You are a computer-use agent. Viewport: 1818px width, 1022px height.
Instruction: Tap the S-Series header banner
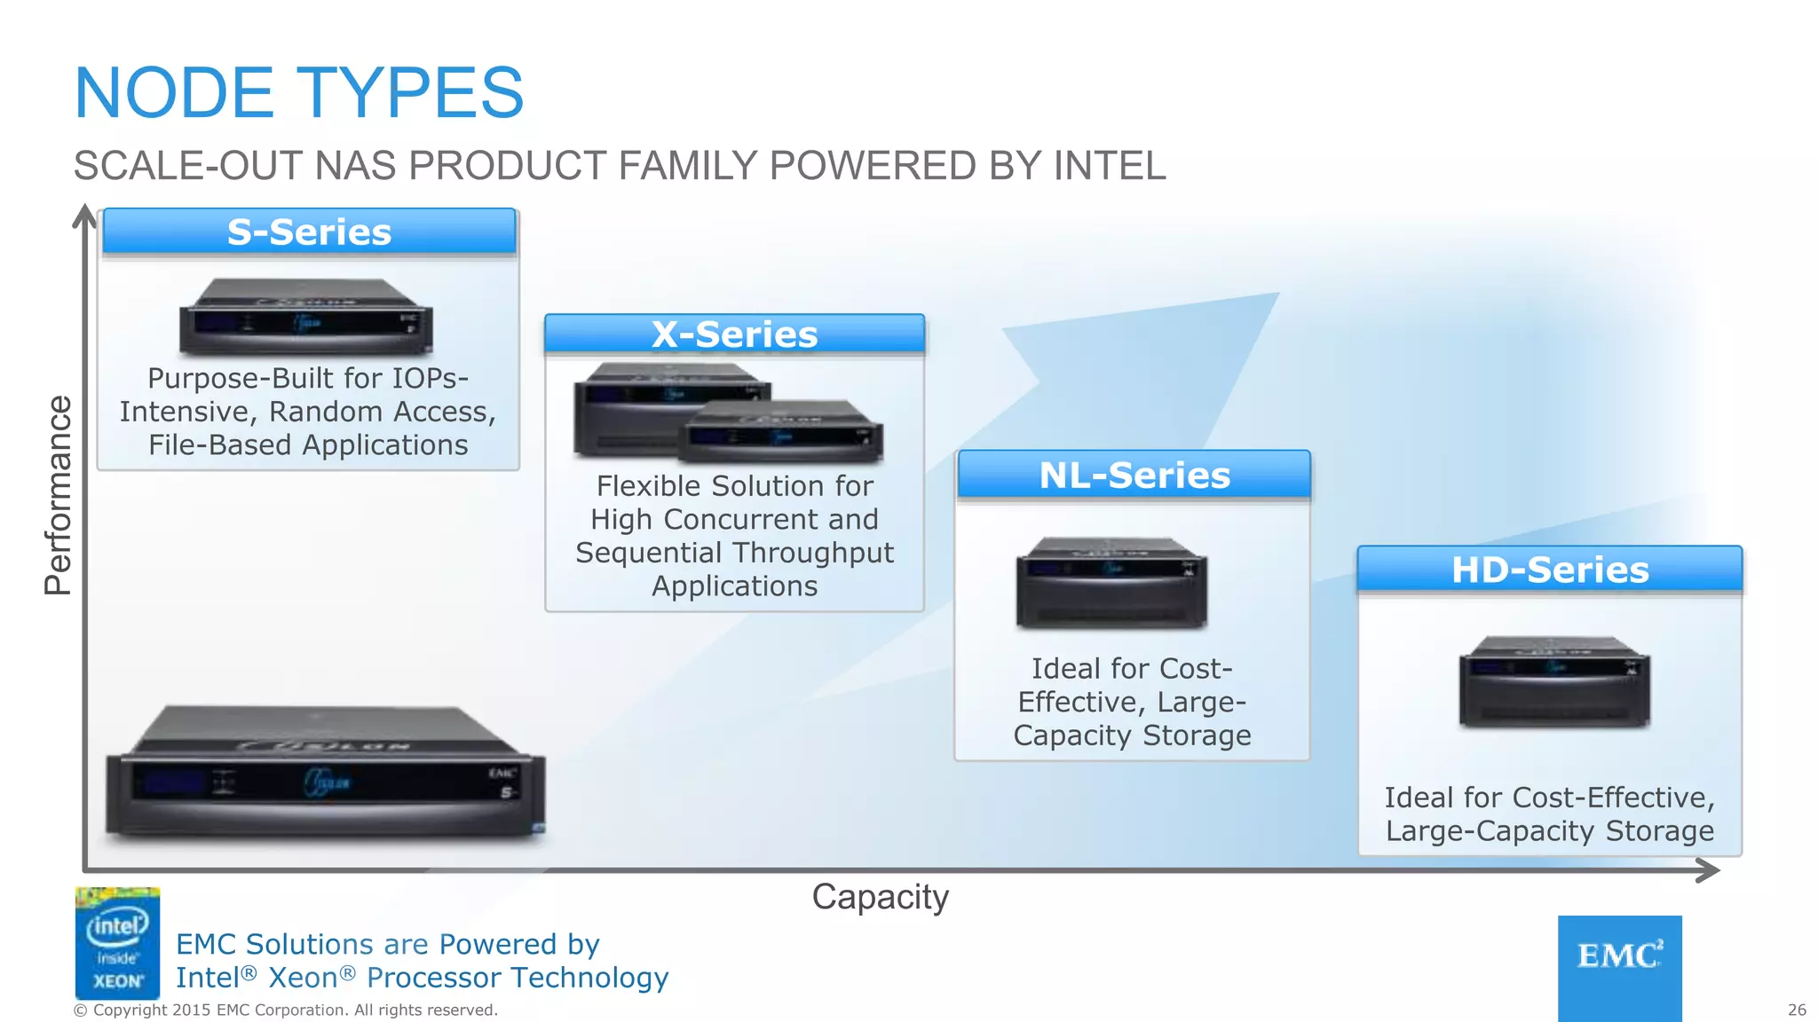coord(309,232)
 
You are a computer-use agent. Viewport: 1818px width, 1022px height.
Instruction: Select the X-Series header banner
coord(734,334)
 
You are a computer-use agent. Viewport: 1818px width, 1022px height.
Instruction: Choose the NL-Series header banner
coord(1134,476)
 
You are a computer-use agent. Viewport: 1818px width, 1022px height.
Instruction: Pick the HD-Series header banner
coord(1549,570)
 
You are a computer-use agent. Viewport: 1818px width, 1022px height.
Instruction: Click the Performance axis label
coord(59,495)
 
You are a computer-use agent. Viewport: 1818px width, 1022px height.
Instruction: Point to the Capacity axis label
coord(880,897)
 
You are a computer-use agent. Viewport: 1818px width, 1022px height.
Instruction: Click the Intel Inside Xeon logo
coord(117,943)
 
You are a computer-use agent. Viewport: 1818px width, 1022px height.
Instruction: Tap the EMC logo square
coord(1619,967)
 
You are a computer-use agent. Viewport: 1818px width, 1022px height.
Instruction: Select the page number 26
coord(1796,1010)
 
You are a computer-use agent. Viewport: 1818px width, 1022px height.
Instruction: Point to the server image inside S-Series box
coord(306,317)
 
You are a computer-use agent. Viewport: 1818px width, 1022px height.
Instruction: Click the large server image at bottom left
coord(325,772)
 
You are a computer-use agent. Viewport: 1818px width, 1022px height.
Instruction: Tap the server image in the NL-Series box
coord(1111,583)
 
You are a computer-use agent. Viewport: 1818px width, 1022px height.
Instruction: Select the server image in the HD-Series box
coord(1553,681)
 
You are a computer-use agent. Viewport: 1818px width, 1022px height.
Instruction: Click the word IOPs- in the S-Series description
coord(419,379)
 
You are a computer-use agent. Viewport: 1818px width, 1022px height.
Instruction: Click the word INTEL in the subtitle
coord(1109,166)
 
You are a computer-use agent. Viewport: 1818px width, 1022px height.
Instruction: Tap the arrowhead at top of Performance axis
coord(84,215)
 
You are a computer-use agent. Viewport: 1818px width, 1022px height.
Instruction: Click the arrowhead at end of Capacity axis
coord(1709,869)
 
